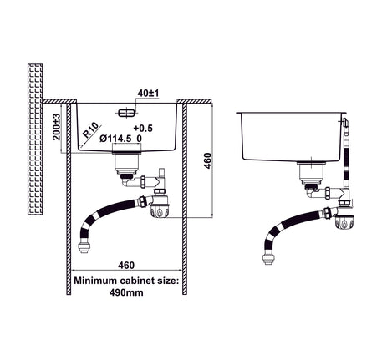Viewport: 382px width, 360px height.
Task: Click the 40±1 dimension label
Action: pos(148,93)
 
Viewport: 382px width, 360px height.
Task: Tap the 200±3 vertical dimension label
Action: pos(57,127)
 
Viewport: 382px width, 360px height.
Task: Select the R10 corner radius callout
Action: pos(91,130)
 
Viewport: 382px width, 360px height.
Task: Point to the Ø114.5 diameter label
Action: pos(115,139)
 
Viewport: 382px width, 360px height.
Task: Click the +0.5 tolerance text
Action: pos(143,128)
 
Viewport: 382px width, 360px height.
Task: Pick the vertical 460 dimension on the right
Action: pos(207,160)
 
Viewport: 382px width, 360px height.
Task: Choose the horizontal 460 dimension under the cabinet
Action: pos(126,265)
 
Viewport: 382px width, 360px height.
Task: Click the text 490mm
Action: pos(126,292)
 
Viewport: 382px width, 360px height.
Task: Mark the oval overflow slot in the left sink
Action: pos(126,113)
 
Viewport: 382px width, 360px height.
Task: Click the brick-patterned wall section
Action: pos(35,139)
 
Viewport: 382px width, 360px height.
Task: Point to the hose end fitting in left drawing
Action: pos(83,247)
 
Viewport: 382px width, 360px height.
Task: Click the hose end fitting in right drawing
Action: pos(268,260)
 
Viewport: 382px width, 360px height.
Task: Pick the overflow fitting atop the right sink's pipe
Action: pos(345,122)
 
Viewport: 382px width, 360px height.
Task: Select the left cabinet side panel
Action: pos(69,199)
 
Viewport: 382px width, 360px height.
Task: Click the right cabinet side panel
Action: pos(185,199)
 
